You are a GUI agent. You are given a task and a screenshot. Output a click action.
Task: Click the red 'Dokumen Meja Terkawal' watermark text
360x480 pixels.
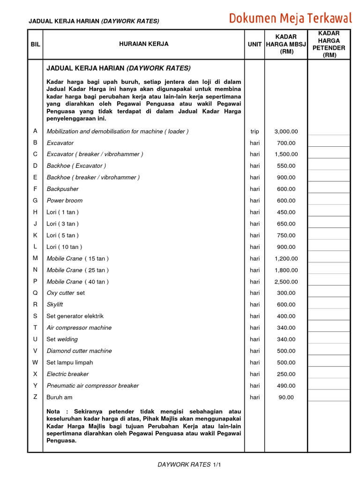coord(290,18)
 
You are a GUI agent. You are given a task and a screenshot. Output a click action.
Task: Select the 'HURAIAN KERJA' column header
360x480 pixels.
coord(144,44)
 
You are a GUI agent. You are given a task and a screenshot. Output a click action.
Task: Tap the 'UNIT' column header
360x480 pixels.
coord(255,45)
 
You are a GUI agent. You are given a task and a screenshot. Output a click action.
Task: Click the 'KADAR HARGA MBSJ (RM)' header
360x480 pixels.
coord(286,45)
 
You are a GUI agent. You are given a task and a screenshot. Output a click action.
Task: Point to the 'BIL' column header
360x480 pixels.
coord(35,45)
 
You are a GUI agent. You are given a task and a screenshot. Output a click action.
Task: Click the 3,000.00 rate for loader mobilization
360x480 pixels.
coord(286,132)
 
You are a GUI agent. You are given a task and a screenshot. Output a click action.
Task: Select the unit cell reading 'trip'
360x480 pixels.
coord(255,132)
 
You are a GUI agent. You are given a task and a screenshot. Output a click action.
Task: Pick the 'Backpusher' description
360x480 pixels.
coord(63,189)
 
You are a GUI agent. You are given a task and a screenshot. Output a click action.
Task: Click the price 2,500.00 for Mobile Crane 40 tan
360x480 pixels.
coord(286,282)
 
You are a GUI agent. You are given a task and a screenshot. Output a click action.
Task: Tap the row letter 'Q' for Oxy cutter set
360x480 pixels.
coord(35,293)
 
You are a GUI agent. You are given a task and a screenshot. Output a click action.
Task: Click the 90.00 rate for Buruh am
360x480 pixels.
coord(286,397)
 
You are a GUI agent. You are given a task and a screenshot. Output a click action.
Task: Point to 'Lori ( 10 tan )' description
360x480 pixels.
coord(64,247)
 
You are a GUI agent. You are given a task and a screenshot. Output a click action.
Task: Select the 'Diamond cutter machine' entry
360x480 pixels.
coord(79,351)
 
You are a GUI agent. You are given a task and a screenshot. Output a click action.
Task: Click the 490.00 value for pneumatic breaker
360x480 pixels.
coord(286,386)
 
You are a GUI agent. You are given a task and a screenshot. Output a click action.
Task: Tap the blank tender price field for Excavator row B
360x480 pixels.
coord(329,143)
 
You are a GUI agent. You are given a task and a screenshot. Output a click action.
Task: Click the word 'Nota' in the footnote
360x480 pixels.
coord(54,411)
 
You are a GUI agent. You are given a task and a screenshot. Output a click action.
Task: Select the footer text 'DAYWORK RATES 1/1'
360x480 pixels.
coord(189,465)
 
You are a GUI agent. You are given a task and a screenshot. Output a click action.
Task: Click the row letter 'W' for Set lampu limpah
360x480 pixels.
coord(35,362)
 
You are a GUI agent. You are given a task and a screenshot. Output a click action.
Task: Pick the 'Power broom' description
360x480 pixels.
coord(65,201)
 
